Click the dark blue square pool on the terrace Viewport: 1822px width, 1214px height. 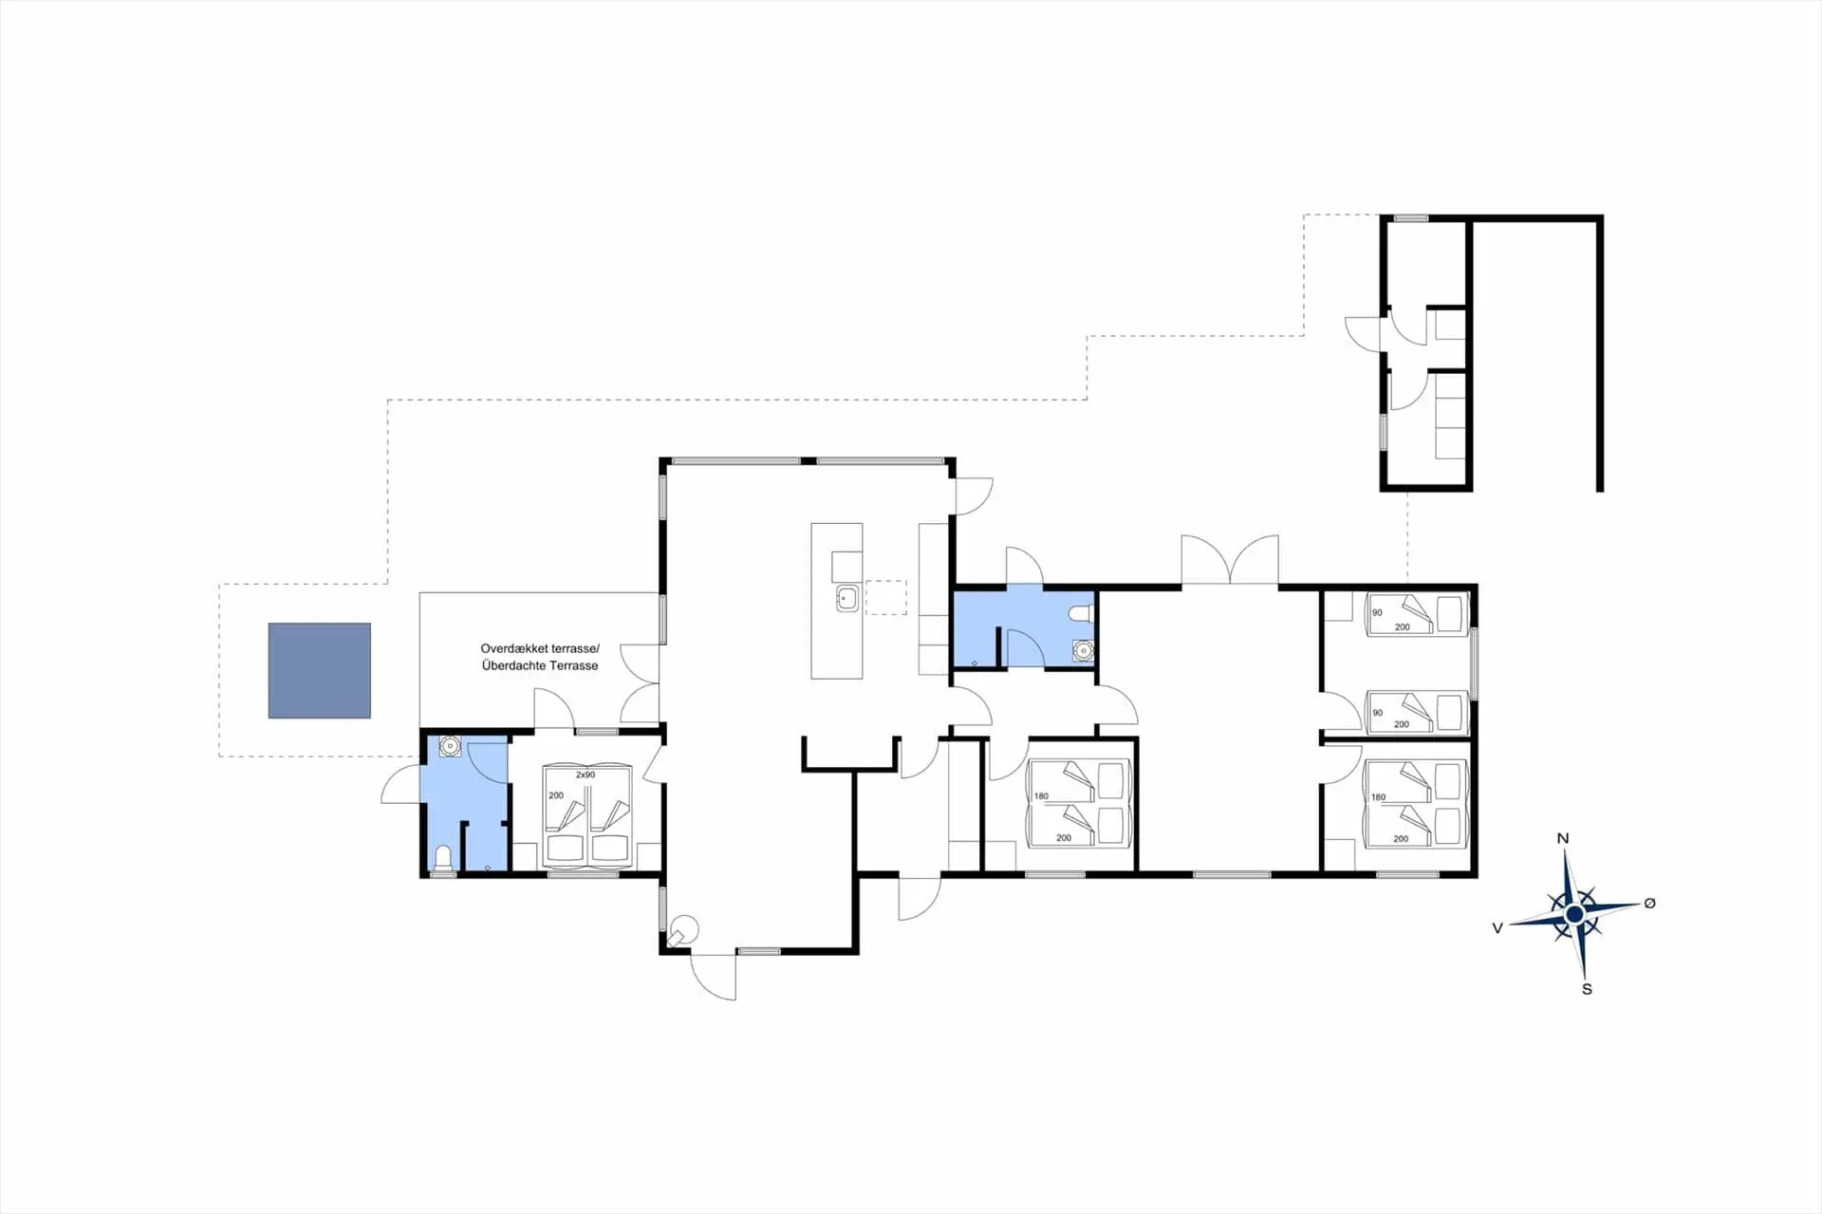319,670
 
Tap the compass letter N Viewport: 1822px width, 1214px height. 1563,838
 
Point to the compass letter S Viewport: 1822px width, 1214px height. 1587,989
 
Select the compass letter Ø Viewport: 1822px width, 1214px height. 1649,903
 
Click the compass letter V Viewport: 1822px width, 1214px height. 1497,927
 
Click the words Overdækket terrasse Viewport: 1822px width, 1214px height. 540,649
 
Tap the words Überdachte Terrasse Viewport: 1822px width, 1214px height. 540,665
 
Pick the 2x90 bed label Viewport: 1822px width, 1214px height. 586,775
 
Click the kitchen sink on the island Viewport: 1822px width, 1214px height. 846,599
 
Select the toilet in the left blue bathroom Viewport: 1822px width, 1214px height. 442,859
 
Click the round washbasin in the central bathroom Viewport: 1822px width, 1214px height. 1083,650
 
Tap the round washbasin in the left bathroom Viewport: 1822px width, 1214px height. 450,747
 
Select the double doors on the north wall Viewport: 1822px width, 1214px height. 1230,561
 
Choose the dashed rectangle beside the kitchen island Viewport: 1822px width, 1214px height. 885,597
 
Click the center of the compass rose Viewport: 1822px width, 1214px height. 1574,914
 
